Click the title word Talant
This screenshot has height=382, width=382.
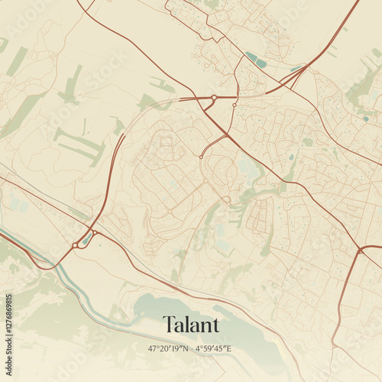(x=191, y=325)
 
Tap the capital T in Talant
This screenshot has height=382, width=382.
(x=168, y=325)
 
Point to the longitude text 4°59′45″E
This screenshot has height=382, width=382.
(x=213, y=348)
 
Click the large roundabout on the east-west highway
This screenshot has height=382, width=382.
(x=214, y=98)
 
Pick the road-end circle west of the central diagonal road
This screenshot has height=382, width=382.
(x=200, y=157)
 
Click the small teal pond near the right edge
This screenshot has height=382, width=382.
(x=365, y=118)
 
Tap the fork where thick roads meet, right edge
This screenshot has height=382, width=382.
(x=360, y=250)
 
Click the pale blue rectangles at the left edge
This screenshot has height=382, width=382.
(x=17, y=205)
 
